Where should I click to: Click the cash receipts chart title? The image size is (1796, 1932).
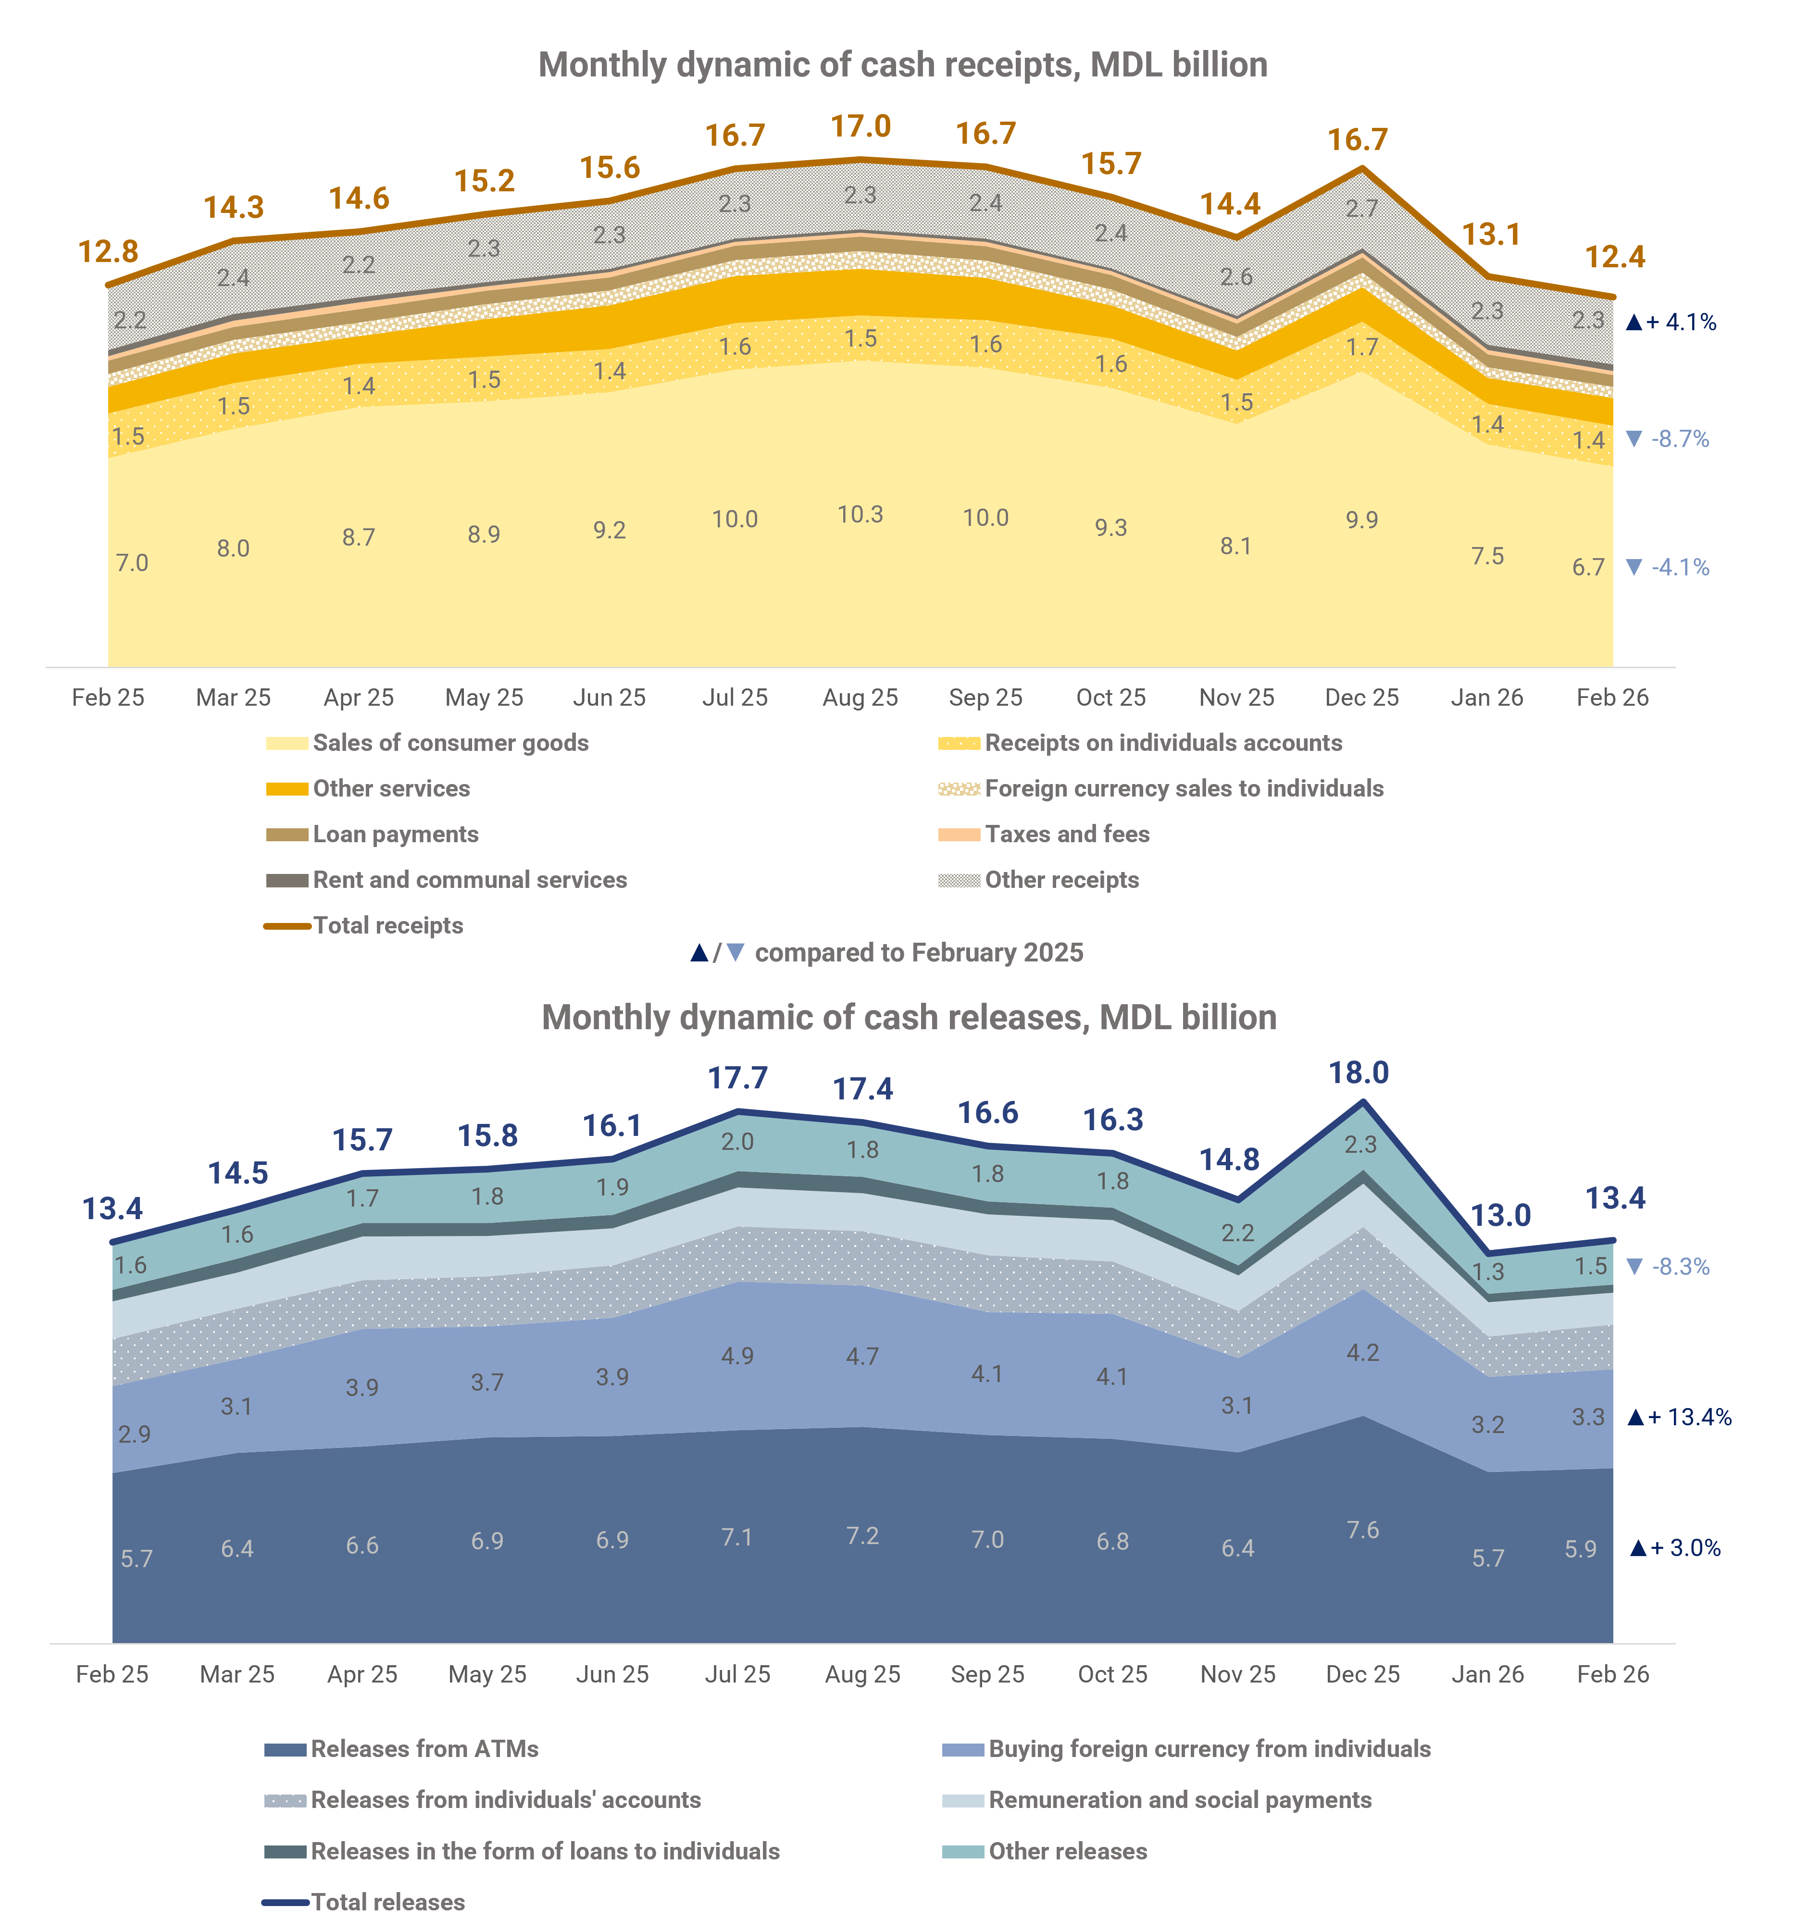click(x=903, y=65)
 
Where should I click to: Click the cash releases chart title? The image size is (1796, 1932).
click(x=909, y=1018)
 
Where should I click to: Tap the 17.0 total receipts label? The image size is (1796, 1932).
click(x=860, y=127)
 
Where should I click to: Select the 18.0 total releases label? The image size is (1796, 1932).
click(x=1359, y=1073)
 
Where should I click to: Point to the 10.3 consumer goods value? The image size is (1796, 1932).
click(x=860, y=514)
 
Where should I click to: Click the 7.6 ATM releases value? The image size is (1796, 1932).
click(x=1362, y=1530)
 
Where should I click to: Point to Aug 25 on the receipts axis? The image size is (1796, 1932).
click(x=860, y=698)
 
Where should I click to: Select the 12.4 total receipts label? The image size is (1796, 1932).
click(x=1615, y=258)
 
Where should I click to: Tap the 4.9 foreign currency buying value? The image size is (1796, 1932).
click(x=736, y=1356)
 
